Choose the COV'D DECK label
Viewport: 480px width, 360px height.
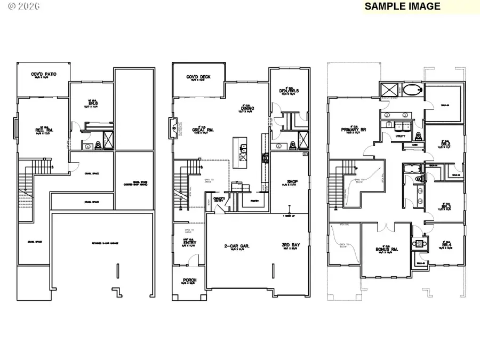pyautogui.click(x=198, y=77)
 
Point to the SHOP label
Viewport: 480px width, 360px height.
pyautogui.click(x=292, y=181)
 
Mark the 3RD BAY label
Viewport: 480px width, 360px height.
pyautogui.click(x=291, y=246)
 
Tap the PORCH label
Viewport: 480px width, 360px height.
pyautogui.click(x=189, y=280)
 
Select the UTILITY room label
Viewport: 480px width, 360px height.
pyautogui.click(x=400, y=135)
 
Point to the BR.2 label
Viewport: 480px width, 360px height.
pyautogui.click(x=446, y=144)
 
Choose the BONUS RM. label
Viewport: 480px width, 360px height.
pyautogui.click(x=387, y=249)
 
